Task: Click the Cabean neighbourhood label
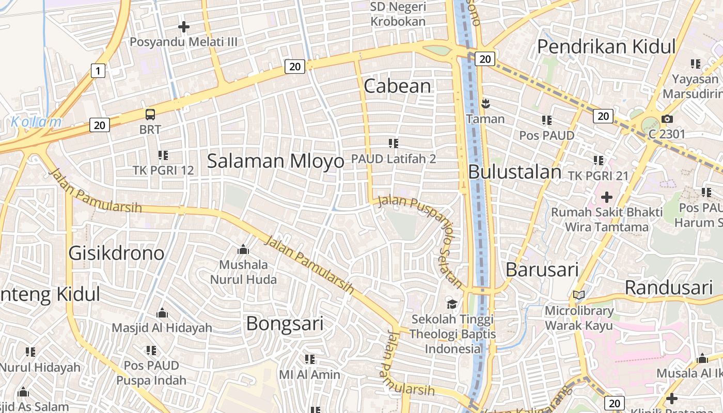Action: pos(397,86)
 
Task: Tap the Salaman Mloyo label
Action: pos(275,161)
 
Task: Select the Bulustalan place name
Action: pos(514,172)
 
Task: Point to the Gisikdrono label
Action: pos(117,253)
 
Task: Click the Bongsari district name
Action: pos(285,324)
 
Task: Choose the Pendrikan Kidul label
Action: pos(606,46)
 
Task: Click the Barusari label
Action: pos(542,269)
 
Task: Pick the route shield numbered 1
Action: pos(98,70)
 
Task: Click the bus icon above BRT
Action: pos(150,115)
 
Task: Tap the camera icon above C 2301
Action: pos(667,119)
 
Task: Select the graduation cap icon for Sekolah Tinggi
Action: pos(452,304)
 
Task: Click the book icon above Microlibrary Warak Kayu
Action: pos(579,295)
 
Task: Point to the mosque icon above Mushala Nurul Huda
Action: pos(243,250)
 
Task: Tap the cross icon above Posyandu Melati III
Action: pos(183,26)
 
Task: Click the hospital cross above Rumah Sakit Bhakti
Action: pos(607,197)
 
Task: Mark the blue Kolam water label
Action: pos(36,122)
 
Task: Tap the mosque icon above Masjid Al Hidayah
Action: pos(162,313)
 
